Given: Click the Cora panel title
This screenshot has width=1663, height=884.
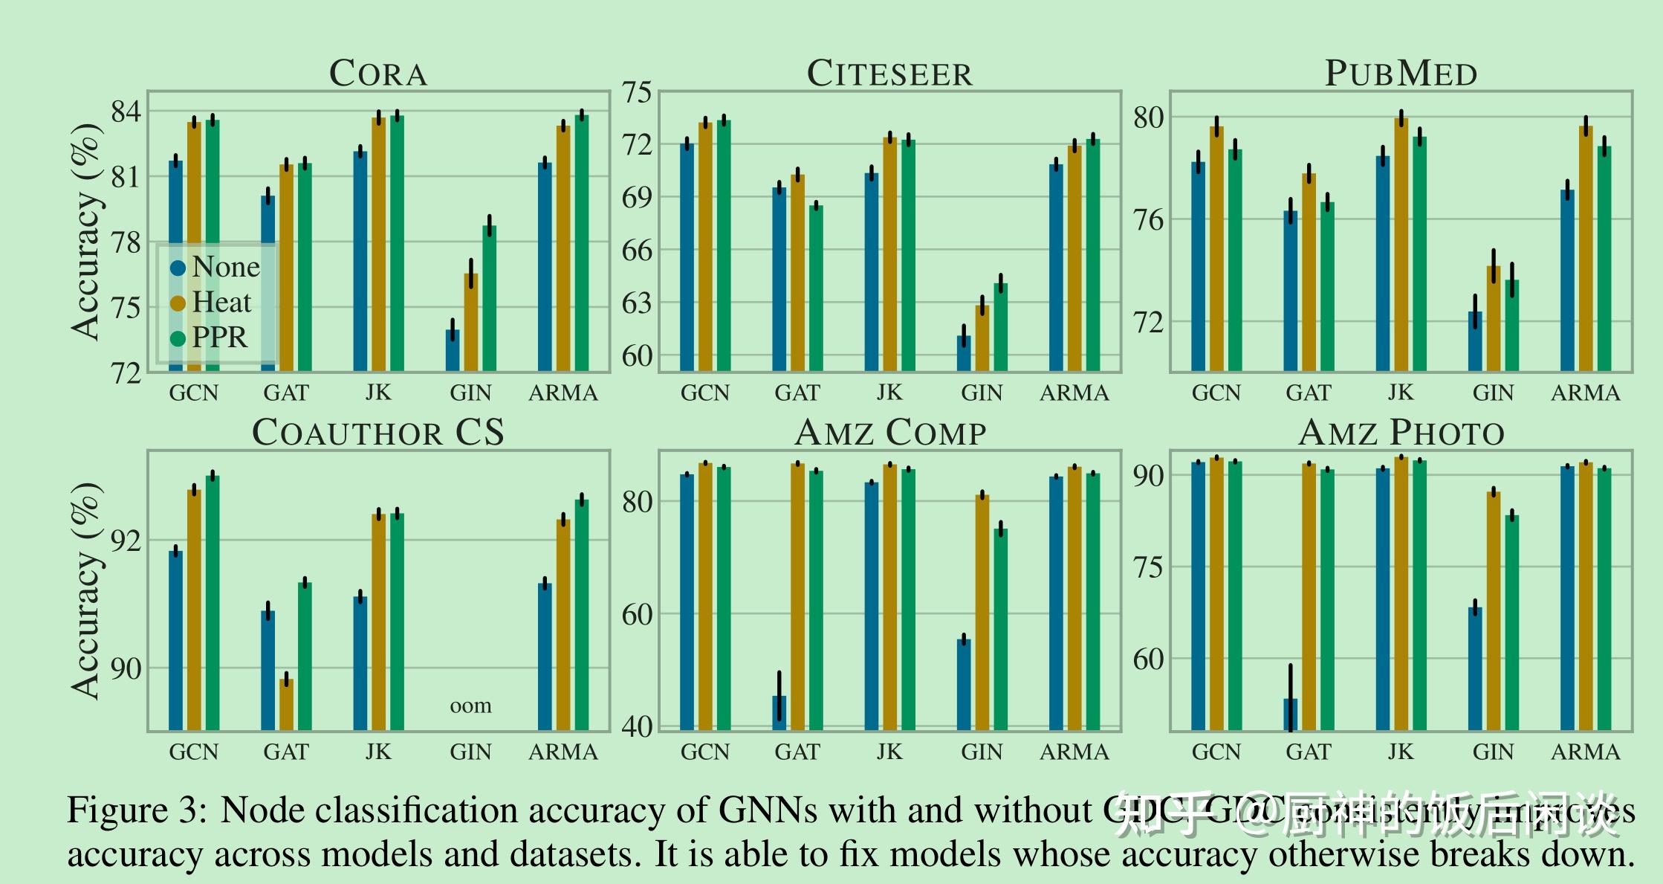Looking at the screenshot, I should tap(378, 74).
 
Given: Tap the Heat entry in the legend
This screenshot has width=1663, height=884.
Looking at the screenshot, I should tap(221, 303).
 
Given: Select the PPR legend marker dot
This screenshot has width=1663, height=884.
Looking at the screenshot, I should tap(178, 339).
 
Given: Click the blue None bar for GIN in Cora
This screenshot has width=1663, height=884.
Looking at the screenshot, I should tap(453, 350).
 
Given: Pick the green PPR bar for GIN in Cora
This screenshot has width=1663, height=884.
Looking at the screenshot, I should tap(489, 298).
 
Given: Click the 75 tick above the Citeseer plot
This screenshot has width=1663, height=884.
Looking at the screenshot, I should tap(637, 93).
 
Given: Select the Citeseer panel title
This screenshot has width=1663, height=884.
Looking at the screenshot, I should tap(889, 74).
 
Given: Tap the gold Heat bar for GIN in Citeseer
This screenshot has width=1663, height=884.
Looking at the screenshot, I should tap(982, 338).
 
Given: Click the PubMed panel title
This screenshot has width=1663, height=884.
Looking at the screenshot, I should tap(1401, 74).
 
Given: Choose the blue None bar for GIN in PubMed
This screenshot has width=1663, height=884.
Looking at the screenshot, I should tap(1475, 341).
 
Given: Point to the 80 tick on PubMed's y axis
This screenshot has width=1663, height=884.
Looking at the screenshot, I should tap(1148, 117).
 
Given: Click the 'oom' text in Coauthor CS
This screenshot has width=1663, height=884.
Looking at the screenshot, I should tap(470, 706).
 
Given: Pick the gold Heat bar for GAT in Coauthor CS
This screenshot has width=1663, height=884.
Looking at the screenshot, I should tap(286, 704).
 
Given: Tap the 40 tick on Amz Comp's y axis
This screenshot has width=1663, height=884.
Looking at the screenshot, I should tap(637, 726).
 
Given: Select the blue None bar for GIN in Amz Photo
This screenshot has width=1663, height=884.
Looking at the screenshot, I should tap(1475, 668).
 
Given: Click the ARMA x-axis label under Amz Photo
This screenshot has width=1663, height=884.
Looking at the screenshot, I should tap(1585, 752).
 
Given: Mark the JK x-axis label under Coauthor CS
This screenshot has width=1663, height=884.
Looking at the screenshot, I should tap(378, 752).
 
